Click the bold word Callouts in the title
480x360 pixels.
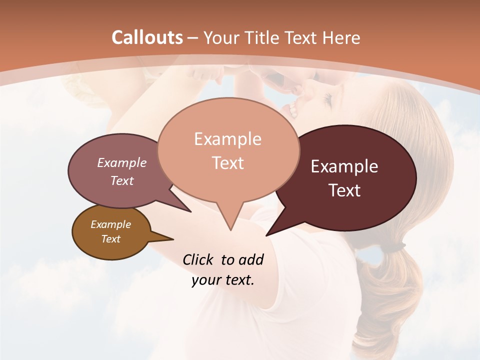coord(147,37)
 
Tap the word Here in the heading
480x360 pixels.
coord(341,37)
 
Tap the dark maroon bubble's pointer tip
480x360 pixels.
coord(266,235)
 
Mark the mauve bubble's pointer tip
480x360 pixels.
coord(190,211)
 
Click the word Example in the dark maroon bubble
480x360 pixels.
coord(344,166)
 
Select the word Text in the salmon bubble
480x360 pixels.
coord(228,163)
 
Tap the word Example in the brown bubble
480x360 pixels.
coord(110,224)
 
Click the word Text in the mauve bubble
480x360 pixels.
coord(122,180)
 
